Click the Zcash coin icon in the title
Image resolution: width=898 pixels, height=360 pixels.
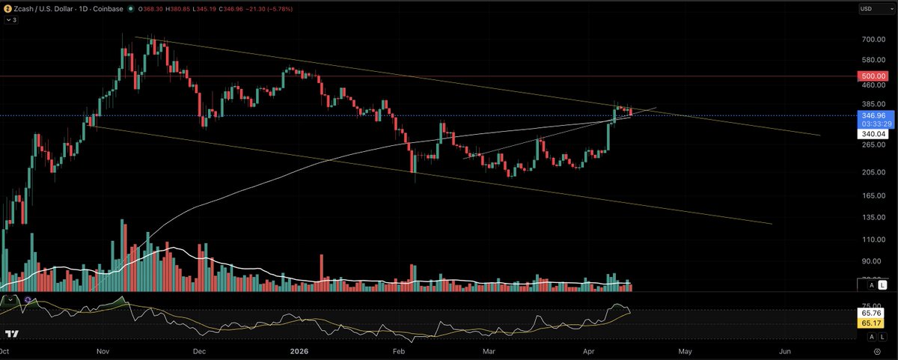click(7, 9)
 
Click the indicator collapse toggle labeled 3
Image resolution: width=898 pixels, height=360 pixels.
click(12, 20)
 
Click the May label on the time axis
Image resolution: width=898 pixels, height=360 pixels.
click(685, 350)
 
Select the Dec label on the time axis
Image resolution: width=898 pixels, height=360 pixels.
click(199, 350)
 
